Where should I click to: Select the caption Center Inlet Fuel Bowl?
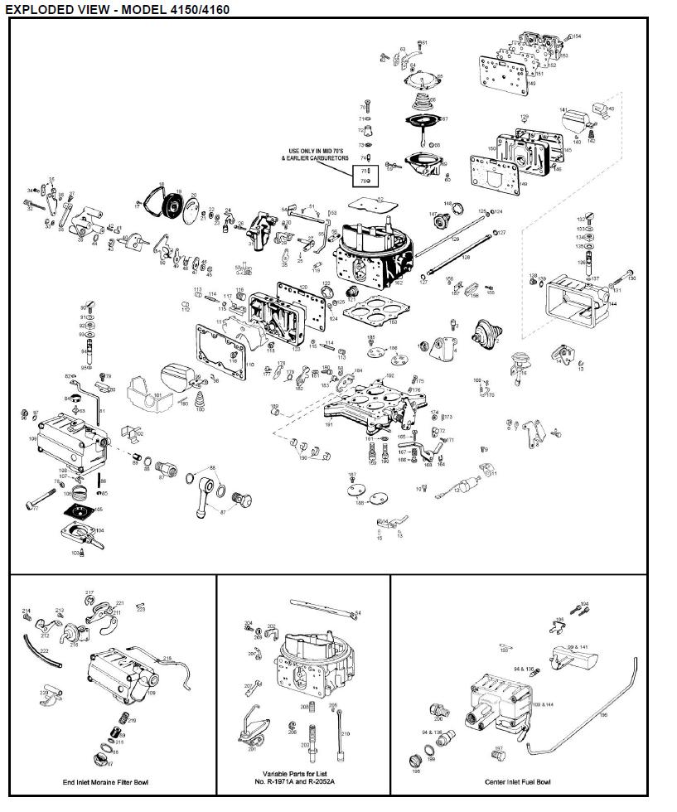click(518, 781)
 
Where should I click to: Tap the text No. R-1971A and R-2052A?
click(302, 782)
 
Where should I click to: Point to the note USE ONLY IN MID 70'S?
click(319, 151)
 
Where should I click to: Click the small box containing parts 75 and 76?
click(364, 175)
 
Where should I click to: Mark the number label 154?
click(577, 36)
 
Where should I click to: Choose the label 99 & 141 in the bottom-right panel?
click(578, 645)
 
